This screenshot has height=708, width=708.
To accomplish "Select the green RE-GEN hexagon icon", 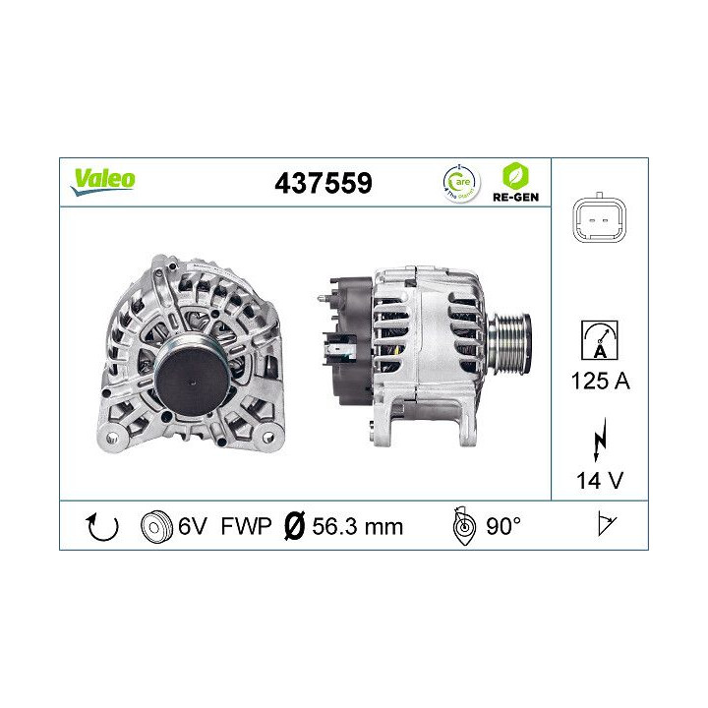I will [514, 176].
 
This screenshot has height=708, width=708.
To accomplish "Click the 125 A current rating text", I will [599, 381].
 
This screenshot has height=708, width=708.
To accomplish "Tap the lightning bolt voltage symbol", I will [599, 441].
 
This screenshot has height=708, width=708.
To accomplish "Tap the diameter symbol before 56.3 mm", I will [292, 526].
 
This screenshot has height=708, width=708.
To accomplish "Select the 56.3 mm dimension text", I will [357, 526].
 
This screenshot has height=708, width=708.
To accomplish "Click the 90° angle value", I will [502, 526].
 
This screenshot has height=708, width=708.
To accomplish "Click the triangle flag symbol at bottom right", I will [606, 526].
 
